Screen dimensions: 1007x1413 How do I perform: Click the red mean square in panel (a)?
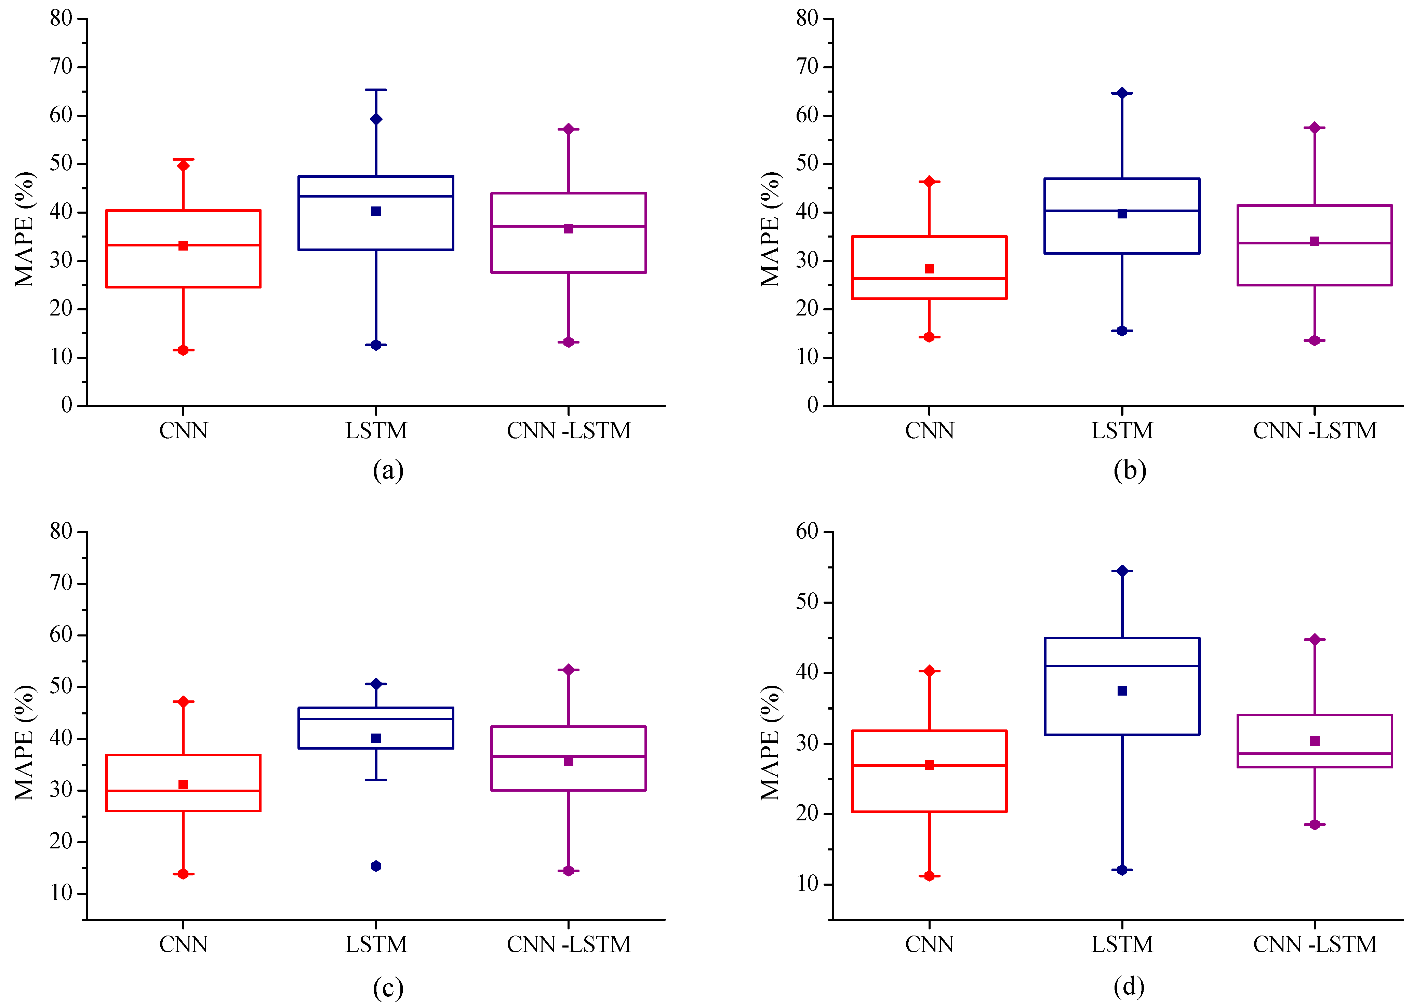click(183, 246)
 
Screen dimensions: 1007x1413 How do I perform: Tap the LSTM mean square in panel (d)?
click(1122, 691)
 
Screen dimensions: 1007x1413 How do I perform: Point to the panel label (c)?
click(388, 987)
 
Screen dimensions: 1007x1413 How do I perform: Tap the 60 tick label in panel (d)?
click(807, 532)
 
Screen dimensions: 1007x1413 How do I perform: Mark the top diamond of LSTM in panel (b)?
click(1122, 93)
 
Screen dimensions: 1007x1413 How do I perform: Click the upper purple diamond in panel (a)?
click(569, 129)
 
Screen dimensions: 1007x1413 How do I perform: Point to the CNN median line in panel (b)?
click(929, 279)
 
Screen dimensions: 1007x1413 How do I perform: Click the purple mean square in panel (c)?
click(569, 761)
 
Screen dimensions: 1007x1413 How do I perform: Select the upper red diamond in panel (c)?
click(183, 701)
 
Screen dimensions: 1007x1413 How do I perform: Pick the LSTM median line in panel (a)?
click(376, 196)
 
